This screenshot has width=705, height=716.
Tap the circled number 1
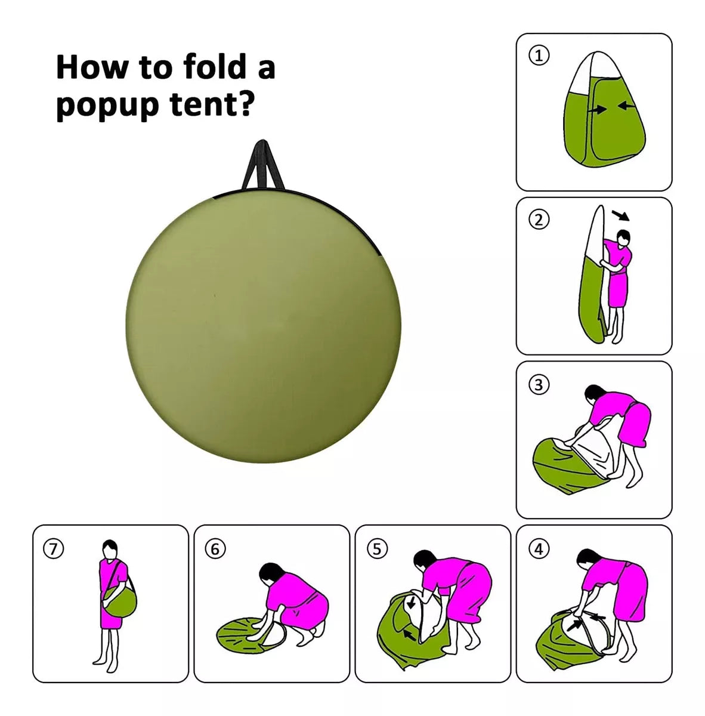tap(539, 56)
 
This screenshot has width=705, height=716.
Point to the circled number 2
tap(539, 220)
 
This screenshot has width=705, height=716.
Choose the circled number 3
tap(539, 385)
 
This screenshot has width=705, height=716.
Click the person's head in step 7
tap(110, 548)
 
